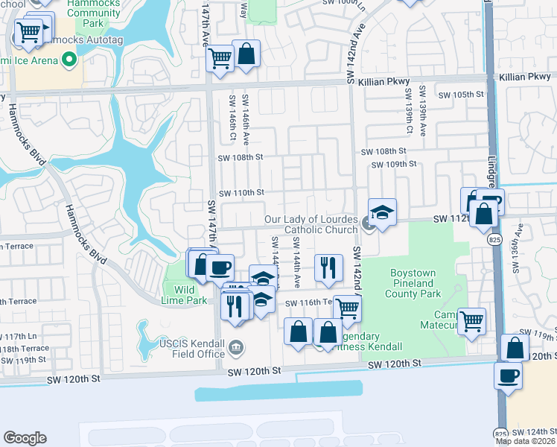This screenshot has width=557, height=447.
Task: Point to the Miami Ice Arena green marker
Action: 70,59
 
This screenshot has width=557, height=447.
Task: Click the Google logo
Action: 25,438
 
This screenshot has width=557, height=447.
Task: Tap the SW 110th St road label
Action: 241,192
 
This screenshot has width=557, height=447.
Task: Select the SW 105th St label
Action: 461,95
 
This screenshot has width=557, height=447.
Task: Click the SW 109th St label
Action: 394,164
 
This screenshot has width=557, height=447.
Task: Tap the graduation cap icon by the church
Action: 382,212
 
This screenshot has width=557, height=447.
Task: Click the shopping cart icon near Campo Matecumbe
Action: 471,321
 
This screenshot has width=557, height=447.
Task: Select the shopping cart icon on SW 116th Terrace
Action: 346,308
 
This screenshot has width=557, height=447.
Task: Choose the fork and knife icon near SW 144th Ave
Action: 328,267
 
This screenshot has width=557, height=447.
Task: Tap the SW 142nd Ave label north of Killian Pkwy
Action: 359,51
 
